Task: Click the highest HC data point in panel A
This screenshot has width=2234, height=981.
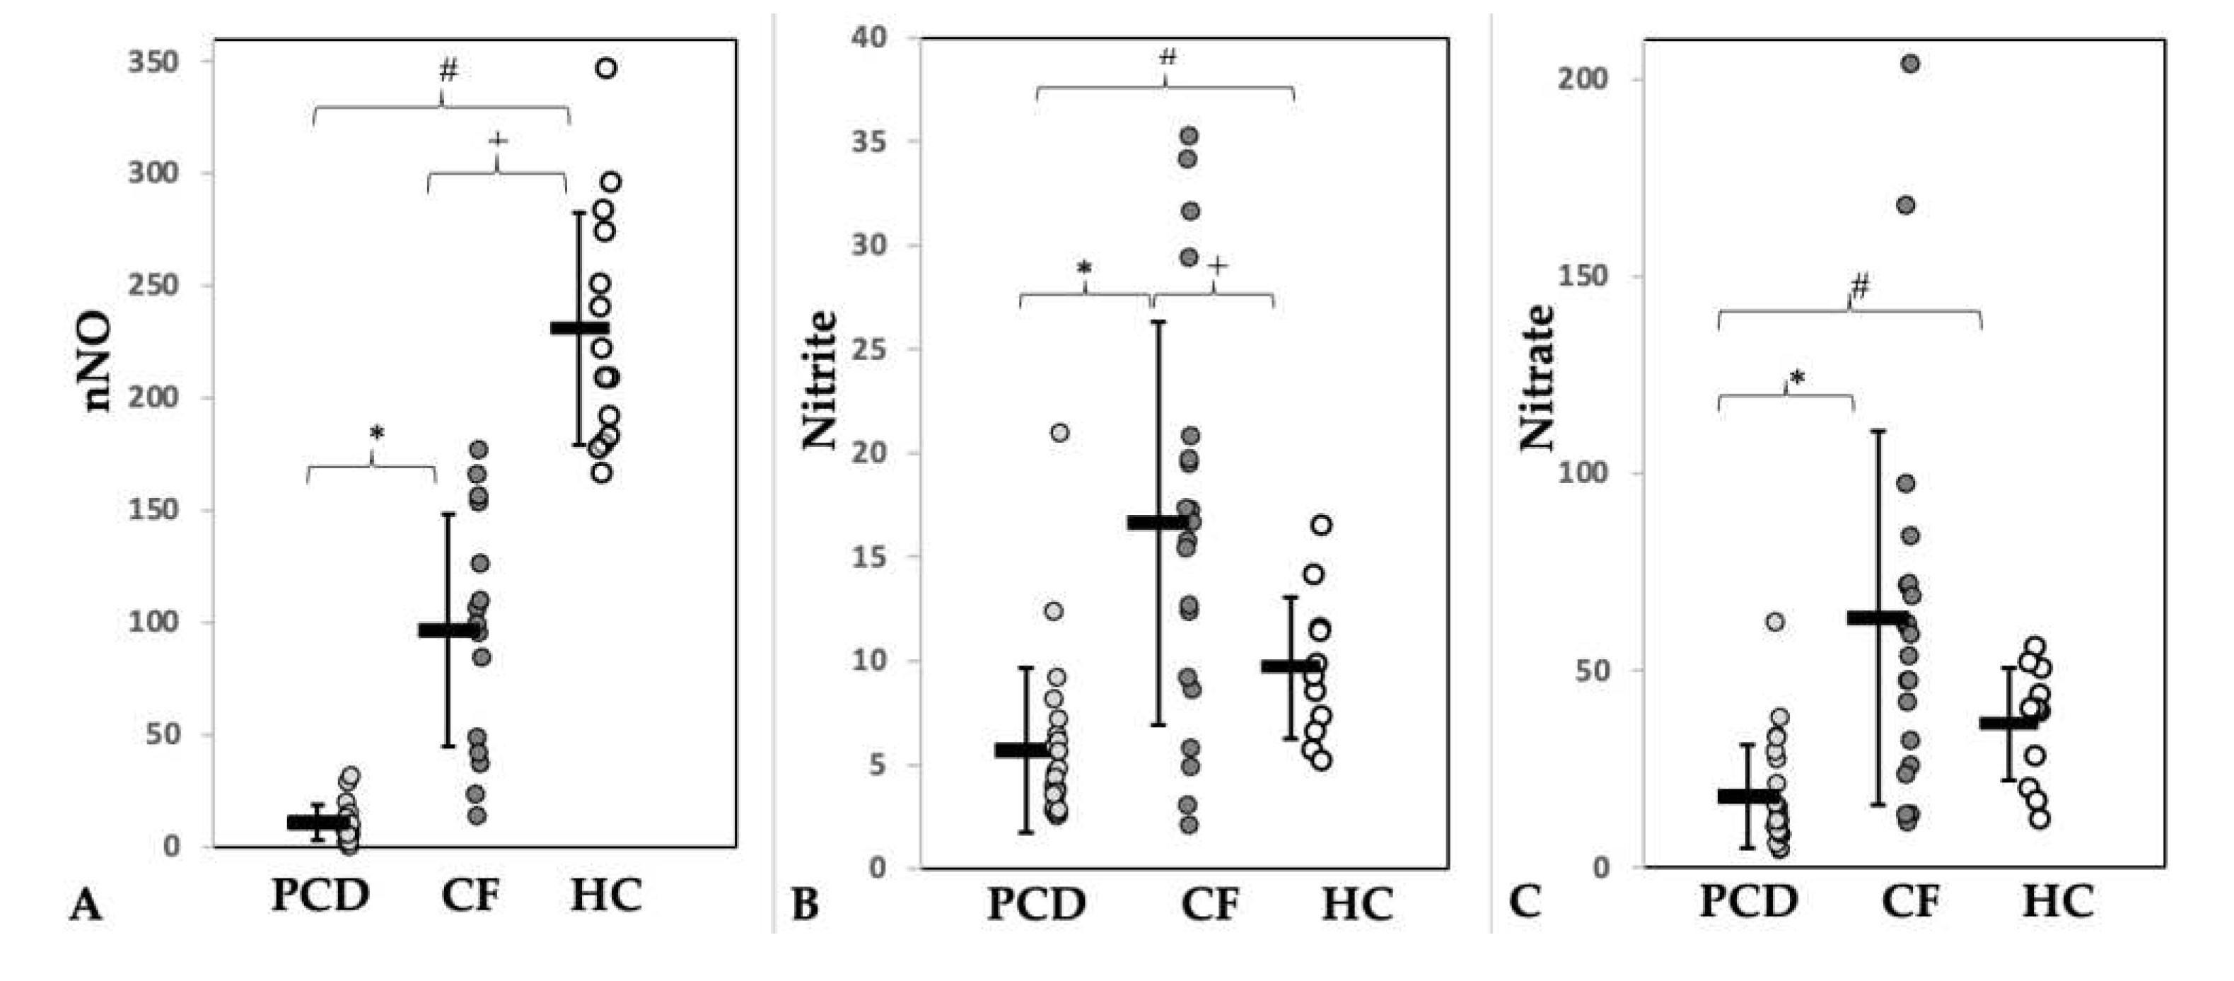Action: (606, 69)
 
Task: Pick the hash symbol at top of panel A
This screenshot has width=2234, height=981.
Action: (448, 71)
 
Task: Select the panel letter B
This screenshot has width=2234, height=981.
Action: (805, 905)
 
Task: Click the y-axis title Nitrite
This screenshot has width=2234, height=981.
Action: (820, 380)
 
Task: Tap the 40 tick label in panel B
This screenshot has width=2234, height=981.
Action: (869, 37)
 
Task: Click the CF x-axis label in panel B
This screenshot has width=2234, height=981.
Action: (1210, 903)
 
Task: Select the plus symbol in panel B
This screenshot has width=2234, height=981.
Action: (1218, 266)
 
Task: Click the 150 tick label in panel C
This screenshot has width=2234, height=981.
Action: (1583, 276)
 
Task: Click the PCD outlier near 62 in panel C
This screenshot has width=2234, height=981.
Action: (1775, 622)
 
